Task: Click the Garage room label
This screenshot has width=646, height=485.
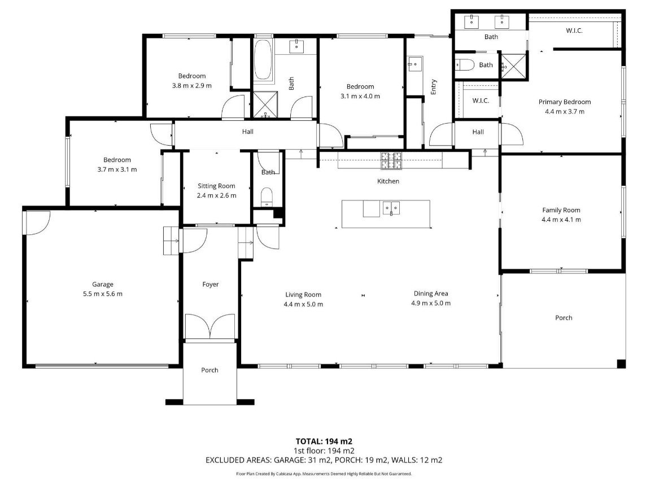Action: tap(103, 285)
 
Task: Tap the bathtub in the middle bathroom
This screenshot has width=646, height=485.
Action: tap(263, 60)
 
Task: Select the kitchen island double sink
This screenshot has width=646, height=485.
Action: tap(391, 208)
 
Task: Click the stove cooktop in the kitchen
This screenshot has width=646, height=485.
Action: tap(391, 160)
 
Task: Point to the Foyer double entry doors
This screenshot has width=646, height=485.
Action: tap(211, 326)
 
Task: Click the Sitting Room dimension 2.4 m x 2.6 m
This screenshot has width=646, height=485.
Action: tap(216, 195)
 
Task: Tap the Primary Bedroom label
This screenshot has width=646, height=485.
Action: tap(565, 102)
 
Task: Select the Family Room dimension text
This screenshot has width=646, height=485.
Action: tap(561, 220)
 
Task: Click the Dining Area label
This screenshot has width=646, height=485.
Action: tap(431, 294)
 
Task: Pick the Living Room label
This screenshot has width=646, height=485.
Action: tap(303, 295)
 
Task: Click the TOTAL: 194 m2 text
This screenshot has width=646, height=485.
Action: tap(324, 442)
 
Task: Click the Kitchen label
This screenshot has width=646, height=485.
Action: tap(388, 181)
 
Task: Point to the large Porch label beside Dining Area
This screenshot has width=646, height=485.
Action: tap(564, 318)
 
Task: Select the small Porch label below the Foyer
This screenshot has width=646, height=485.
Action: tap(209, 370)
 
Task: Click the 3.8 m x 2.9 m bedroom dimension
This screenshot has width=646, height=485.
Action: tap(191, 86)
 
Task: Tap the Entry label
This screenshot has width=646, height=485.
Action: tap(434, 87)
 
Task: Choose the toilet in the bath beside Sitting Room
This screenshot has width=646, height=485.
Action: tap(267, 197)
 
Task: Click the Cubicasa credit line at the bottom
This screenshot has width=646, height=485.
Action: tap(324, 474)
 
